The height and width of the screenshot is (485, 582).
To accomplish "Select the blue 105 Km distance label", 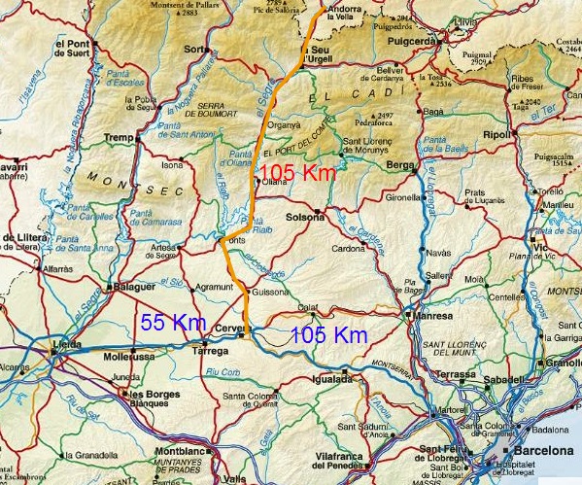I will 329,335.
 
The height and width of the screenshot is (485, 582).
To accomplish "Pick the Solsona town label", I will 305,217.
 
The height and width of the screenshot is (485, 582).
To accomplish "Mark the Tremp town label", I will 118,137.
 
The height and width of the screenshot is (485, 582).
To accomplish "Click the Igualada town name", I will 332,379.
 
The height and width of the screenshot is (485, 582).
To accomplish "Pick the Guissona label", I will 269,292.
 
